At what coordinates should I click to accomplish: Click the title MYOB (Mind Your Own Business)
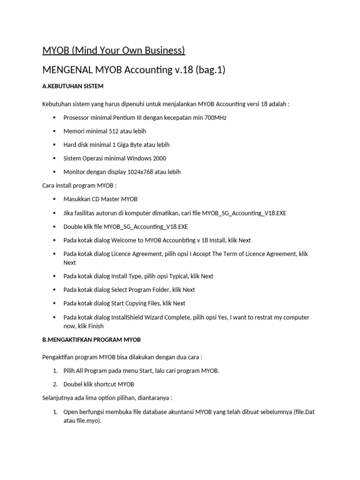tap(114, 50)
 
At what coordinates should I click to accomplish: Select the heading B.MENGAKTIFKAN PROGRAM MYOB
tap(91, 339)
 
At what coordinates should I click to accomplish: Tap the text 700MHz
tap(215, 118)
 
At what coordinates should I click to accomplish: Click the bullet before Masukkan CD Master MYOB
tap(54, 199)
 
